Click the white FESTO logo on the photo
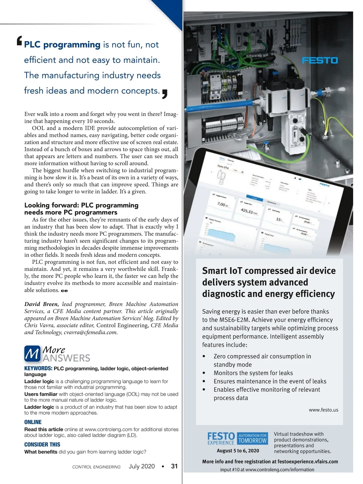click(x=320, y=60)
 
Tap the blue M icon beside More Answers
click(x=32, y=354)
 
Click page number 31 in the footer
click(x=174, y=466)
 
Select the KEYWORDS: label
click(x=38, y=368)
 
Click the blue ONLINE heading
click(x=33, y=422)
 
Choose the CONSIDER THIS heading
click(x=42, y=444)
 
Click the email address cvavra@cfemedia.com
click(x=90, y=332)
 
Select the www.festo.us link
click(x=323, y=410)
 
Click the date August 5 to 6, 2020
click(x=238, y=451)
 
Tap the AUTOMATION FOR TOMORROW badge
click(x=253, y=438)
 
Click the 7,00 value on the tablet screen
click(x=222, y=204)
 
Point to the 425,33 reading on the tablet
click(x=247, y=211)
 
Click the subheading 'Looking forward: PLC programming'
click(x=81, y=205)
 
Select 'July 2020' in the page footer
click(x=142, y=466)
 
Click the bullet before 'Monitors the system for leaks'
click(x=204, y=373)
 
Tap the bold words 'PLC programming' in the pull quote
click(x=62, y=45)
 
